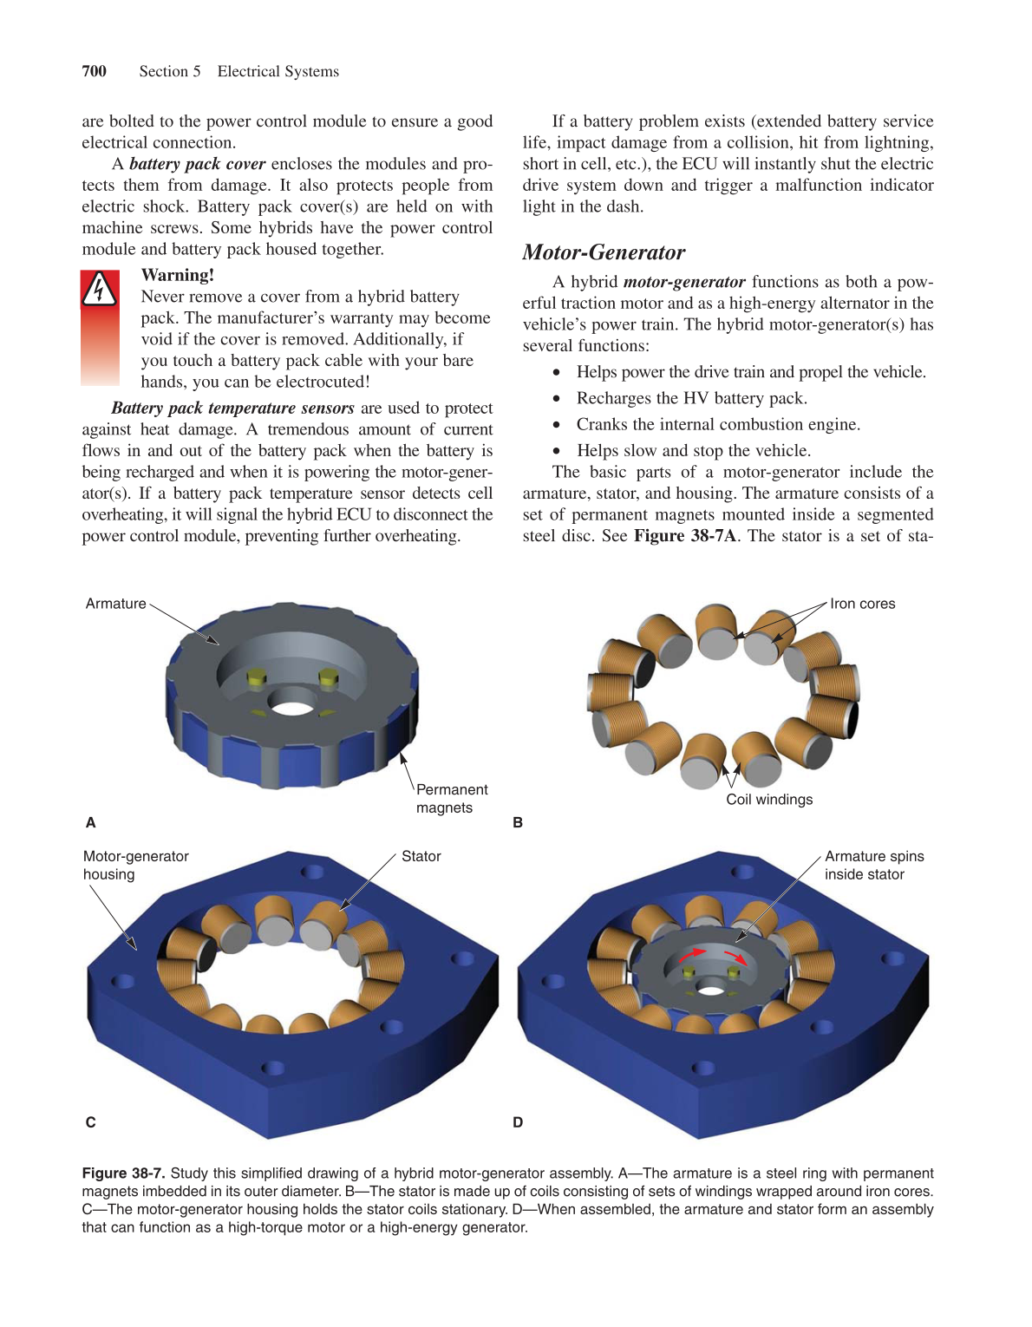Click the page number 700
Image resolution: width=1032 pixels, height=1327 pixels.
click(94, 71)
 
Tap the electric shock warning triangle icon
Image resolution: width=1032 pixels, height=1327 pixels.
click(100, 290)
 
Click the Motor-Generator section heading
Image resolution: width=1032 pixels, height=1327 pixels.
click(604, 252)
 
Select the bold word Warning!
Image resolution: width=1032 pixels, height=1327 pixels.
click(177, 275)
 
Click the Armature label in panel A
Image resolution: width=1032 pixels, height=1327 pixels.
click(115, 604)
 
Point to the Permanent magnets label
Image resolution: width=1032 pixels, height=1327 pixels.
click(451, 798)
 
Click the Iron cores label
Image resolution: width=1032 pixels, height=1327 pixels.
click(862, 604)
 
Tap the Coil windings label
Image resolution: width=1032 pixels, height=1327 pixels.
click(769, 800)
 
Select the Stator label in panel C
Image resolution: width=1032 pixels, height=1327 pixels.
click(421, 856)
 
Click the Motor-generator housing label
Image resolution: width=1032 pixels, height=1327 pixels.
click(135, 865)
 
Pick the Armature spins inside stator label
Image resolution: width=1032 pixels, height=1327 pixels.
click(873, 865)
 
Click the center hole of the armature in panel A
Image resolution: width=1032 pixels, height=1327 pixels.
click(293, 708)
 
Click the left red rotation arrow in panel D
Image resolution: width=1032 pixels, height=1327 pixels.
click(691, 954)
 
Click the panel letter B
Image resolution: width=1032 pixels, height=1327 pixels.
click(518, 822)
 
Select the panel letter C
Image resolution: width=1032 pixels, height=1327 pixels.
click(90, 1122)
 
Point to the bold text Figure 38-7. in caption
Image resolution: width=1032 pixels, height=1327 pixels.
click(123, 1173)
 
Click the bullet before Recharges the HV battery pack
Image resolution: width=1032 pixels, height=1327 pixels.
click(557, 399)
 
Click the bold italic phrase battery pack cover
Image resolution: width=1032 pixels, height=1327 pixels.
click(197, 164)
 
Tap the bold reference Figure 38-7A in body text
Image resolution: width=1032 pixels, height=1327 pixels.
click(684, 536)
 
